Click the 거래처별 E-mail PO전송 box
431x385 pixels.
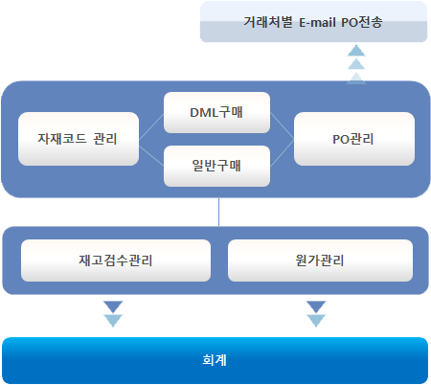tap(313, 21)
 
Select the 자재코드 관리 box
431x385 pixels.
tap(79, 139)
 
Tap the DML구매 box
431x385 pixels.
tap(216, 112)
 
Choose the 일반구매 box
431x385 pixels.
tap(216, 166)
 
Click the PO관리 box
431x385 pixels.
tap(354, 139)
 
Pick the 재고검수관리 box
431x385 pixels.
tap(116, 260)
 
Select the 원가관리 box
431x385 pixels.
tap(320, 260)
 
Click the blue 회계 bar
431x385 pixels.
tap(215, 360)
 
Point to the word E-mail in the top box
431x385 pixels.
tap(317, 22)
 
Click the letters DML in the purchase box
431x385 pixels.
tap(204, 113)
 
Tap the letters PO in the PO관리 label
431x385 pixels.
tap(341, 140)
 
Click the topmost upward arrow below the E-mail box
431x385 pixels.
tap(356, 51)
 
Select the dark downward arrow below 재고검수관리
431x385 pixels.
tap(113, 306)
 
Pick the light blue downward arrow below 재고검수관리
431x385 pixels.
tap(113, 321)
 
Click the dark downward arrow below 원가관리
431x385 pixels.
tap(316, 306)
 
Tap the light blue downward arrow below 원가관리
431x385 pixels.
tap(316, 321)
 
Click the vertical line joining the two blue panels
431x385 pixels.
tap(218, 212)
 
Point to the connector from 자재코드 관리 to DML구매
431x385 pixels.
tap(151, 126)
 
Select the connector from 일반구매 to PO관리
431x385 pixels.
tap(282, 152)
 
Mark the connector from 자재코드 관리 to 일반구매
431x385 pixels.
tap(151, 155)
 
